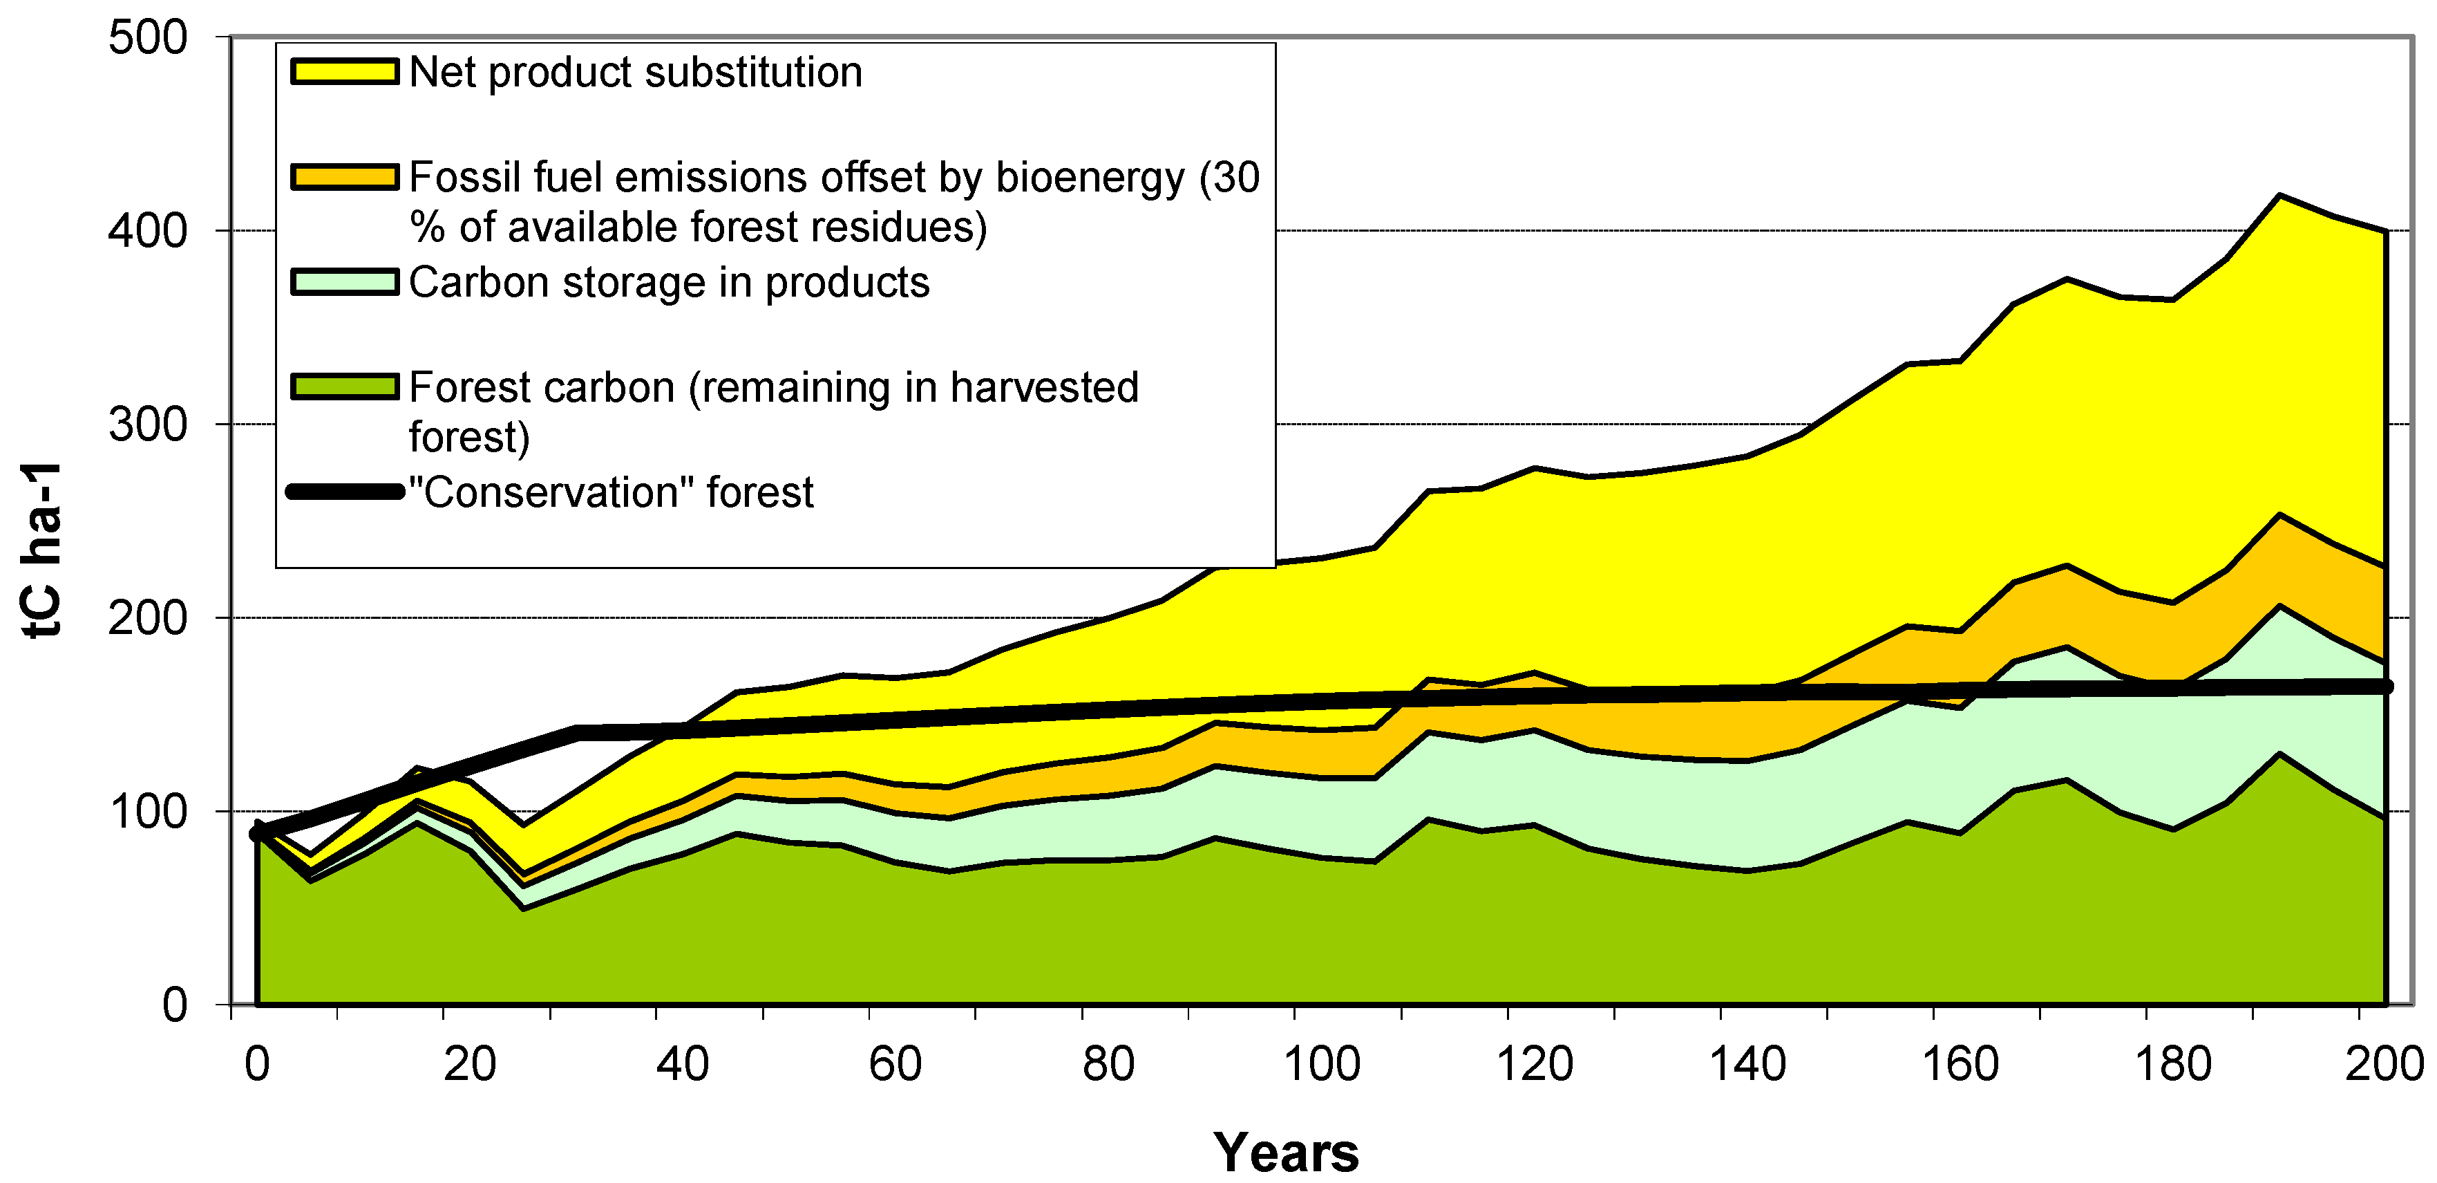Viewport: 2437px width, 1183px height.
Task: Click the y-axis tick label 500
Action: pos(148,39)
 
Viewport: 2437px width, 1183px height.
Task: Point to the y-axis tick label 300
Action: pos(148,425)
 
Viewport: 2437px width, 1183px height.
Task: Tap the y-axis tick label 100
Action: pos(148,812)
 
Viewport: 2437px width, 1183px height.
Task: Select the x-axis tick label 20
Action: pos(469,1064)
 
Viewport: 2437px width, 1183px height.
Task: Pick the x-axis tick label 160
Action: pos(1960,1064)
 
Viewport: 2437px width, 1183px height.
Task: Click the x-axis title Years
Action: pos(1286,1152)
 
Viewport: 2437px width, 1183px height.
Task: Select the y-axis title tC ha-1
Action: pos(43,550)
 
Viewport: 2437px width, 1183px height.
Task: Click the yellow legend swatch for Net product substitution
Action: pos(344,72)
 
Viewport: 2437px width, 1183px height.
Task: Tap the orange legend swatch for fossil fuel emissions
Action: pos(344,177)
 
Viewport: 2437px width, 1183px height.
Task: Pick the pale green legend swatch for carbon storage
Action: pos(344,282)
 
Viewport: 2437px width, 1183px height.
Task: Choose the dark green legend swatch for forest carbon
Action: pos(344,387)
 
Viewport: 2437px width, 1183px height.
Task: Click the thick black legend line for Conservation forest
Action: pos(344,492)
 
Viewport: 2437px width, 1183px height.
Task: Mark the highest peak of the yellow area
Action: pos(2280,196)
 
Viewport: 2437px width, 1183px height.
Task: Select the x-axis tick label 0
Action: pos(256,1064)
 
